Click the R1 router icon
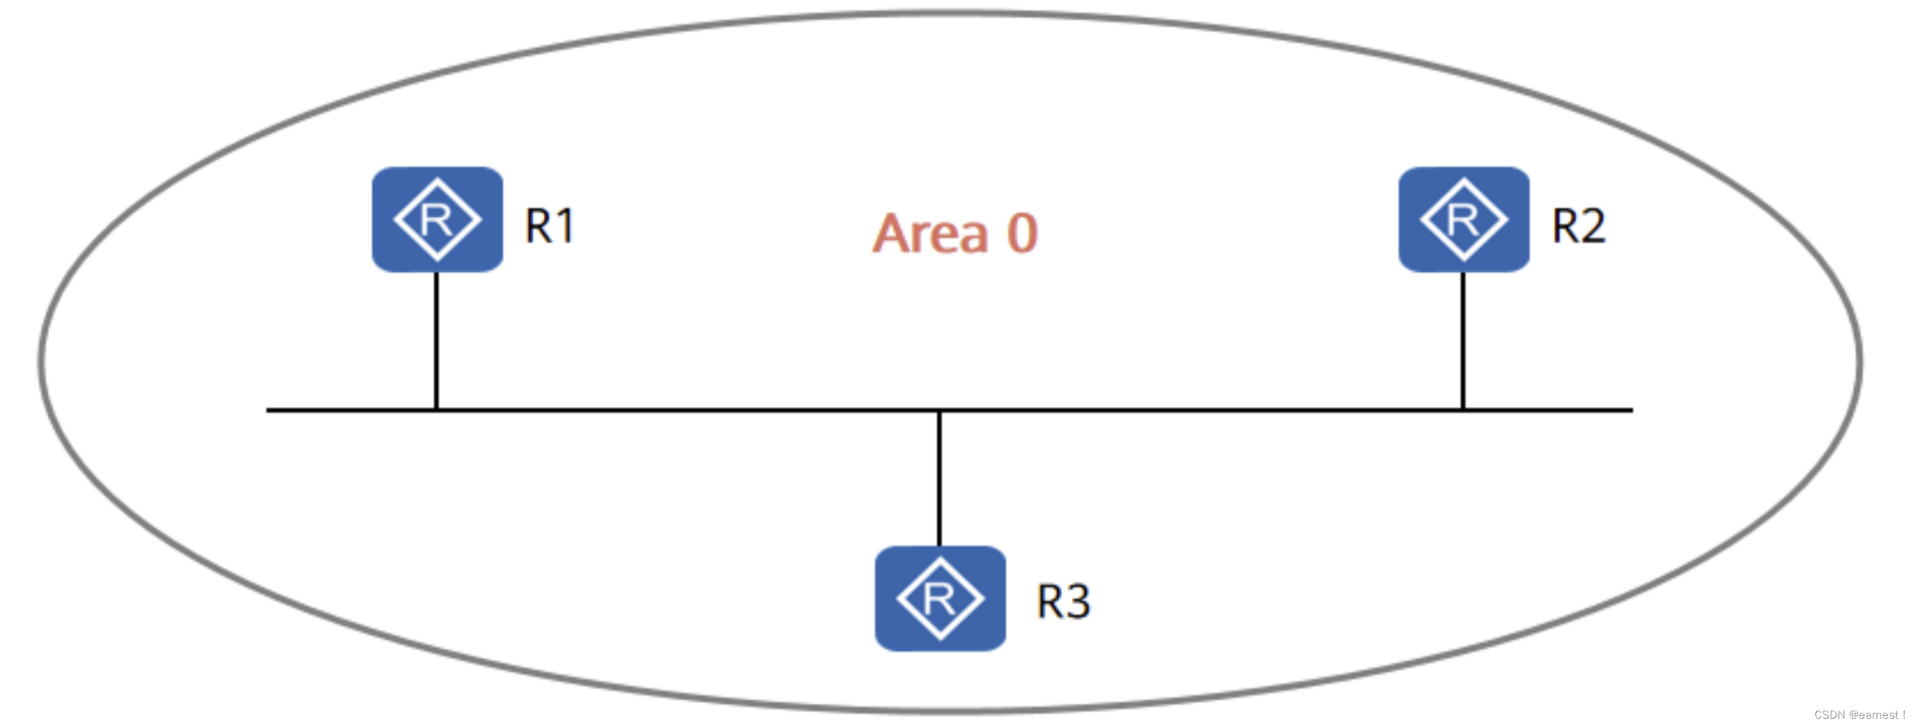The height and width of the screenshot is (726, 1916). coord(437,220)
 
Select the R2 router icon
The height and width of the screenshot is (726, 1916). coord(1463,220)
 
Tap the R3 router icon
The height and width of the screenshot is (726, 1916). coord(940,599)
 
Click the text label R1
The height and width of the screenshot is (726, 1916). coord(550,226)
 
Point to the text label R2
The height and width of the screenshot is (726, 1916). coord(1578,226)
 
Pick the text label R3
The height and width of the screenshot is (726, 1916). coord(1063,602)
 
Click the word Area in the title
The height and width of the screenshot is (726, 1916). coord(931,234)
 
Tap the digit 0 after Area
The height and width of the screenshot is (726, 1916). coord(1022,234)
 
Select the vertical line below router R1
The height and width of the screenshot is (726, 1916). coord(436,341)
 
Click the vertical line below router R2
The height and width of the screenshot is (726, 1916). coord(1463,341)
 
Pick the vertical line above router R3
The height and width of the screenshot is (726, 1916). coord(940,478)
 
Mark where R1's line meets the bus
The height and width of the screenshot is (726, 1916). coord(436,410)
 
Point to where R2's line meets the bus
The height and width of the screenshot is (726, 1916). coord(1463,410)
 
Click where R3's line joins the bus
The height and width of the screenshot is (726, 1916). coord(940,411)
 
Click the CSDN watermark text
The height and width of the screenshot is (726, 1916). coord(1859,715)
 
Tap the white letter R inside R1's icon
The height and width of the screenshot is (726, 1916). coord(436,220)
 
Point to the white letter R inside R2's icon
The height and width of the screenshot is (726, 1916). coord(1463,220)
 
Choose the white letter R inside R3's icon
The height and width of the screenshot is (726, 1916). coord(939,599)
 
